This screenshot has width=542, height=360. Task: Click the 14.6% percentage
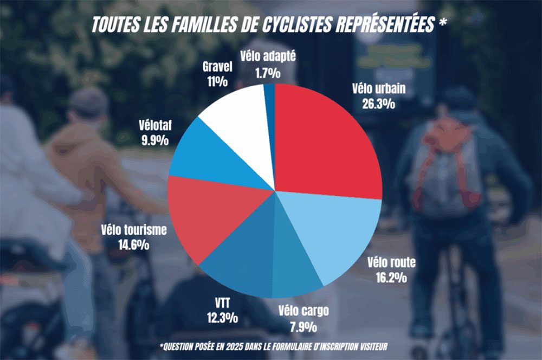[x=133, y=245]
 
